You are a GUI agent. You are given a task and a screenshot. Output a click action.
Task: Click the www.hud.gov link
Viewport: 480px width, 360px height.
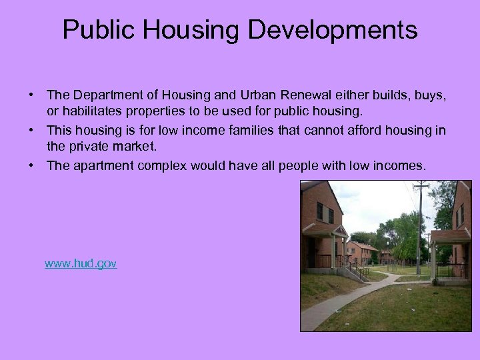pyautogui.click(x=81, y=264)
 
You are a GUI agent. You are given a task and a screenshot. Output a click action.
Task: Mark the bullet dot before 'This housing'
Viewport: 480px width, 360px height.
pyautogui.click(x=32, y=131)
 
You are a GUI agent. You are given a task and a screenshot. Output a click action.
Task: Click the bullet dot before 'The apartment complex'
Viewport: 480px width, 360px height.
pyautogui.click(x=32, y=165)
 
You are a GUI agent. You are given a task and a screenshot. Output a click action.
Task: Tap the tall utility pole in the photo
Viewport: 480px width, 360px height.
pyautogui.click(x=420, y=227)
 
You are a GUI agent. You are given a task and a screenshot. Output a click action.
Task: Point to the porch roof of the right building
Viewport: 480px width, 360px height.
pyautogui.click(x=449, y=235)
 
